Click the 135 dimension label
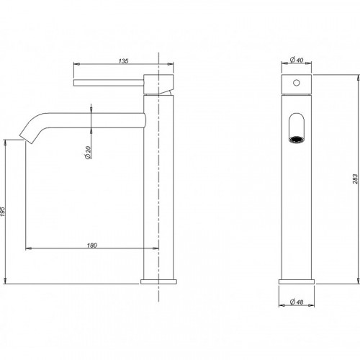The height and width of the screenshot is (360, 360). click(x=123, y=61)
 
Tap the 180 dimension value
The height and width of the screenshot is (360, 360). click(x=92, y=246)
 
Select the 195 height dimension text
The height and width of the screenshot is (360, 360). click(x=3, y=212)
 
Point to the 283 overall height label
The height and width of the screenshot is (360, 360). click(x=355, y=179)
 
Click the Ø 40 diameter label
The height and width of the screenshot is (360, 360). click(x=297, y=60)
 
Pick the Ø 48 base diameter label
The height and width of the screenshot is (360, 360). click(x=297, y=302)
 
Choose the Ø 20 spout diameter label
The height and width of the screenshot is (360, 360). click(x=88, y=153)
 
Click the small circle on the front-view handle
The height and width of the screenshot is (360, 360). click(x=297, y=83)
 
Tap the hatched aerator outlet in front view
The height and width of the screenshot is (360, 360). click(x=297, y=140)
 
